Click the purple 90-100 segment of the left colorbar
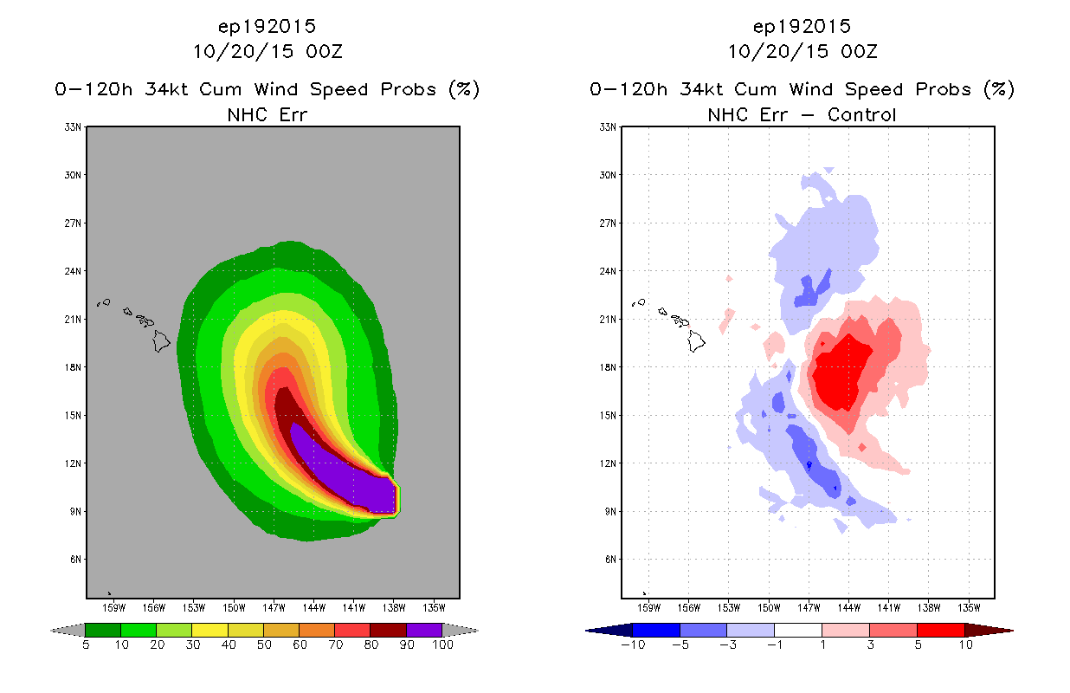[424, 630]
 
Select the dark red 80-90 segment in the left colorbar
[389, 630]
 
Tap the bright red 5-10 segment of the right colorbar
[941, 630]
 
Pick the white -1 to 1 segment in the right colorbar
[798, 630]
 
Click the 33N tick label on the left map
[73, 127]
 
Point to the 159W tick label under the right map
[648, 608]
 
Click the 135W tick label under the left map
[434, 608]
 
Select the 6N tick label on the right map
[610, 560]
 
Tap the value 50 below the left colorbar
[264, 644]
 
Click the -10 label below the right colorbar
[633, 644]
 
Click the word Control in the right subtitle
[861, 114]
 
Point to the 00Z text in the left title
[325, 51]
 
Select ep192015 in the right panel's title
[802, 27]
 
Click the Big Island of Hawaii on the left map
[161, 341]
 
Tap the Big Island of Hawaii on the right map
[696, 341]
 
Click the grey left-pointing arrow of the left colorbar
[68, 631]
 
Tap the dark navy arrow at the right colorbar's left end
[609, 631]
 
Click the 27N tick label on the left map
[73, 223]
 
